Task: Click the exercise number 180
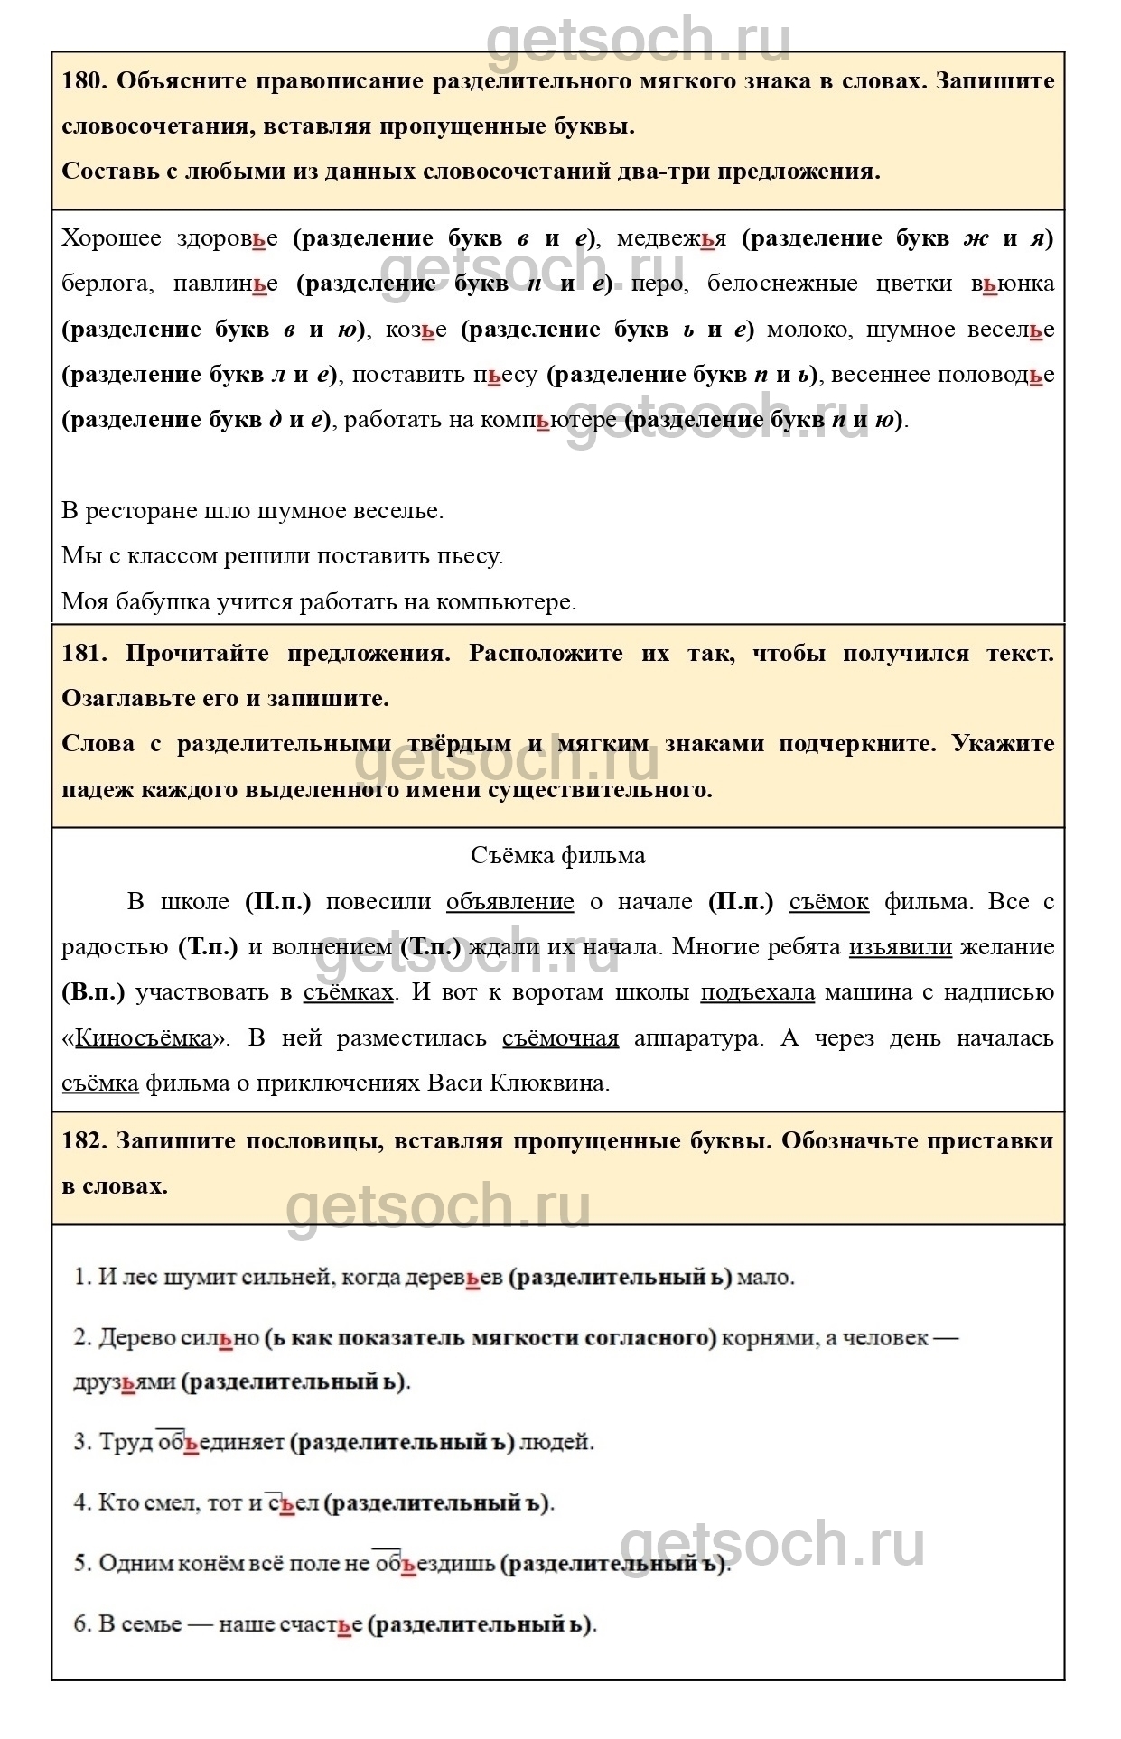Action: (x=85, y=81)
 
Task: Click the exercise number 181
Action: (x=85, y=654)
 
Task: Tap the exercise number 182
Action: (x=85, y=1141)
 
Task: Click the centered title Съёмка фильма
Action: (x=558, y=855)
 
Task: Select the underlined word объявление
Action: (x=510, y=901)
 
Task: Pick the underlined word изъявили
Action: (x=901, y=947)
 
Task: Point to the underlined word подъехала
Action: (x=758, y=992)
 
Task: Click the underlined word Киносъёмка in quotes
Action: (x=143, y=1038)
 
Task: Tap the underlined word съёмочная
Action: (x=561, y=1038)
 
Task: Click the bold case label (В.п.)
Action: (x=92, y=992)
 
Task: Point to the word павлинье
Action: (x=226, y=284)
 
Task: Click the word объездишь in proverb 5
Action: (x=434, y=1563)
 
